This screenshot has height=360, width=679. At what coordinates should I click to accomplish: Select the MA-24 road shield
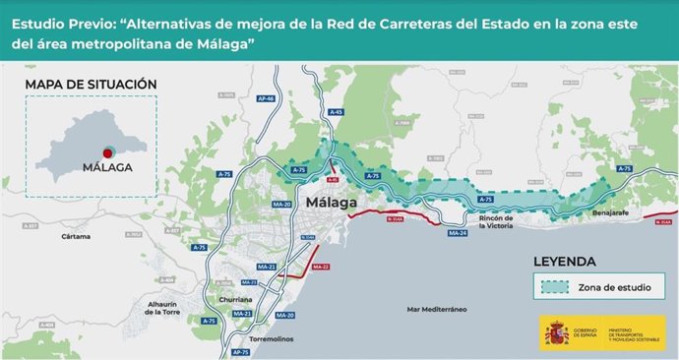pyautogui.click(x=458, y=233)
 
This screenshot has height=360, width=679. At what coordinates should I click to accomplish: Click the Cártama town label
pyautogui.click(x=75, y=237)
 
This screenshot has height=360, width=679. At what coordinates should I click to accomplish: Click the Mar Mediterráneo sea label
pyautogui.click(x=437, y=309)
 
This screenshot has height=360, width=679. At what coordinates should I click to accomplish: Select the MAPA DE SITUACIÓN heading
pyautogui.click(x=91, y=85)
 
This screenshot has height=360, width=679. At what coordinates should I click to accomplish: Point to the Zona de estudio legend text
pyautogui.click(x=622, y=289)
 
